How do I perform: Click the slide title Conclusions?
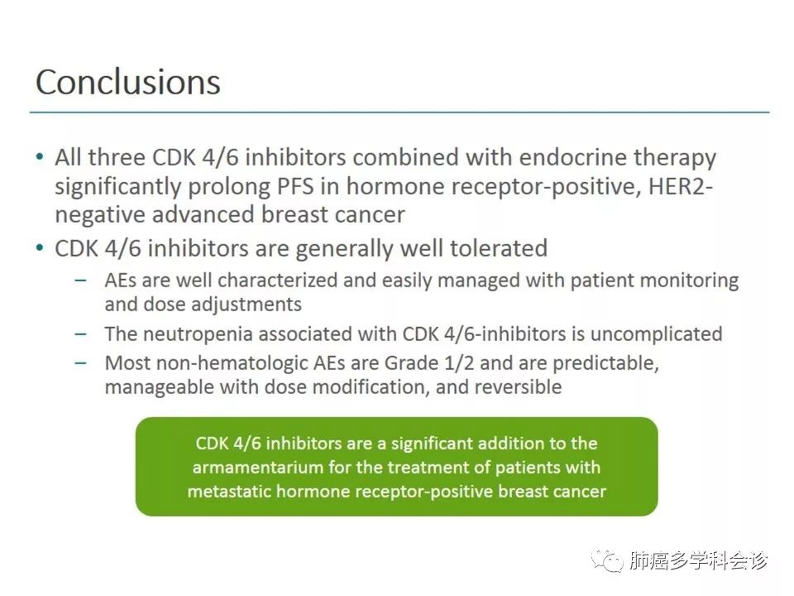click(x=128, y=82)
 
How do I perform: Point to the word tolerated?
click(x=499, y=248)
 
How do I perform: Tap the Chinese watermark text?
click(x=699, y=561)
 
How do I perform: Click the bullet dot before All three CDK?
click(x=40, y=156)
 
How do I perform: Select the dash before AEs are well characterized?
click(x=80, y=281)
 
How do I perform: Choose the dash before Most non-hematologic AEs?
click(x=80, y=363)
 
